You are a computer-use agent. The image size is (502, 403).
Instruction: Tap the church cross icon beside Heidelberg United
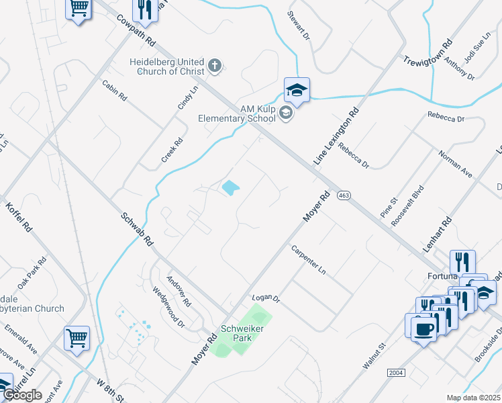pos(214,65)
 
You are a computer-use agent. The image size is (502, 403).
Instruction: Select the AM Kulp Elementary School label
pos(237,114)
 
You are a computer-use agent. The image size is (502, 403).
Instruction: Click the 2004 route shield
pos(397,372)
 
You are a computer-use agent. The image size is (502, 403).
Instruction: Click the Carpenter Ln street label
pos(309,260)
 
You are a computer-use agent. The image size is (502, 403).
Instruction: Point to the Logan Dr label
pos(265,298)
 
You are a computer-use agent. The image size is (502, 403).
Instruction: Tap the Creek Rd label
pos(172,151)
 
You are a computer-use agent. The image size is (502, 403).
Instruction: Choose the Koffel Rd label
pos(19,216)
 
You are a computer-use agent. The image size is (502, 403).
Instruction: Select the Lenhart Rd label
pos(436,234)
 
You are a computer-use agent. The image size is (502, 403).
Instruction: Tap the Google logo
pos(22,395)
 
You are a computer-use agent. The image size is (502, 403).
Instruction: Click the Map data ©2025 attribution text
pos(474,398)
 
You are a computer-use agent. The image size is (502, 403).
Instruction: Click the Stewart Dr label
pos(299,24)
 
